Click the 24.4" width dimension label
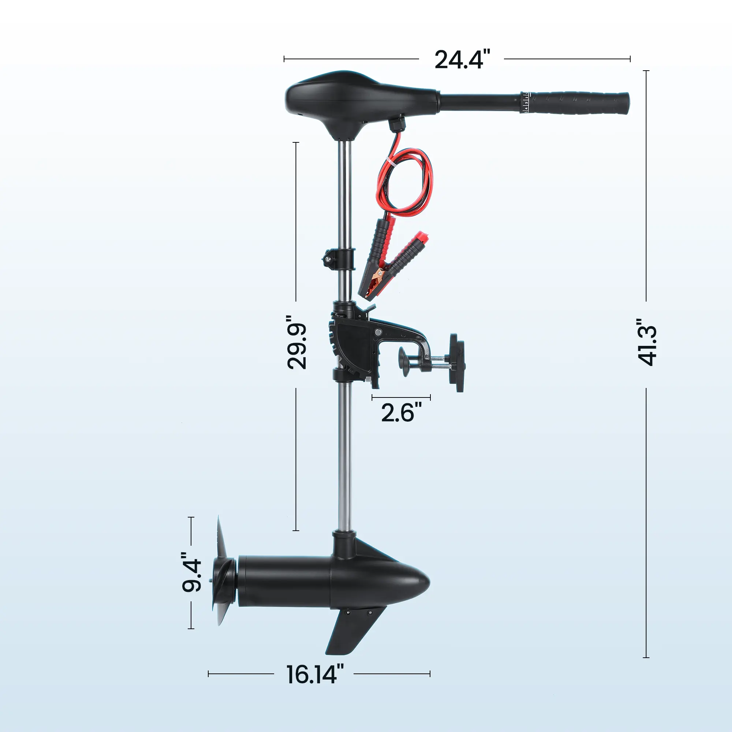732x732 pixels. tap(462, 60)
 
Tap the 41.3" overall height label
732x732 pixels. tap(646, 342)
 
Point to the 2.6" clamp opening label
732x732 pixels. tap(401, 412)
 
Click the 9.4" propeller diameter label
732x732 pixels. tap(192, 572)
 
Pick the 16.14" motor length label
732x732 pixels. tap(315, 674)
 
